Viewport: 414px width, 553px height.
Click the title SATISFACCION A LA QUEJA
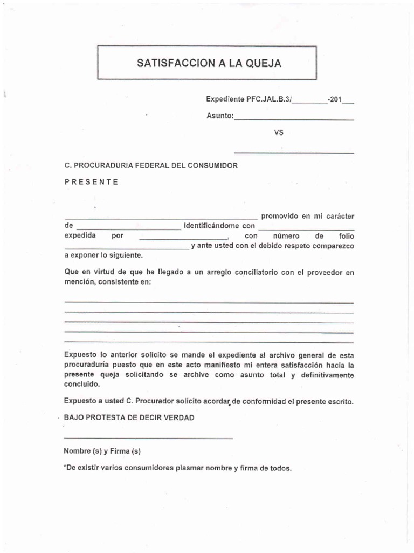209,64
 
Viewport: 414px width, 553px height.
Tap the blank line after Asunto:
294,119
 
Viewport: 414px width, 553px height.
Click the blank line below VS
294,153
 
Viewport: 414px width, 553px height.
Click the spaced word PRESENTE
91,181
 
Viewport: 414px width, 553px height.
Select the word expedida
80,236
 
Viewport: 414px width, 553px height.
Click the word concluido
82,385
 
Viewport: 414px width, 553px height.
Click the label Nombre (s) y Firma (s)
102,451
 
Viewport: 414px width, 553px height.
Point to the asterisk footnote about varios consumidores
177,468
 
